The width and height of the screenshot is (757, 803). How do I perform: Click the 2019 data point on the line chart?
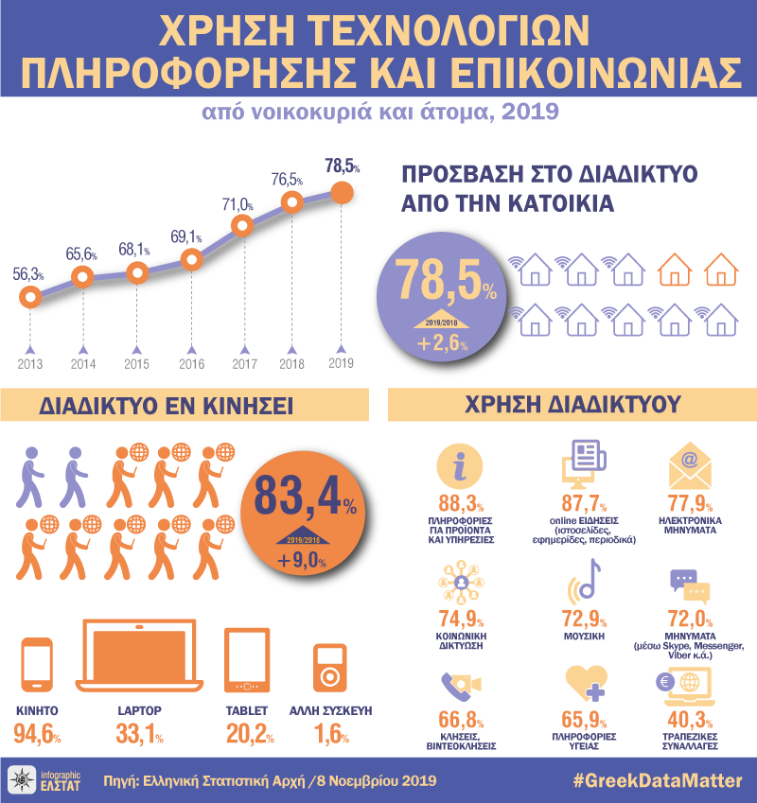point(342,192)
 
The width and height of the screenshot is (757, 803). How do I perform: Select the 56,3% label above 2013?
point(28,274)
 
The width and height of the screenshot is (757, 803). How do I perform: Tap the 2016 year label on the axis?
point(191,363)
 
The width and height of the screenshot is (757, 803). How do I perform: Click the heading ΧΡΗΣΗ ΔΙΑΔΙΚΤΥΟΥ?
point(572,405)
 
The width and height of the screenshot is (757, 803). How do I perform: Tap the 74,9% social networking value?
point(461,621)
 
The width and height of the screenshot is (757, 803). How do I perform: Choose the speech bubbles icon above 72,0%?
point(689,586)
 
